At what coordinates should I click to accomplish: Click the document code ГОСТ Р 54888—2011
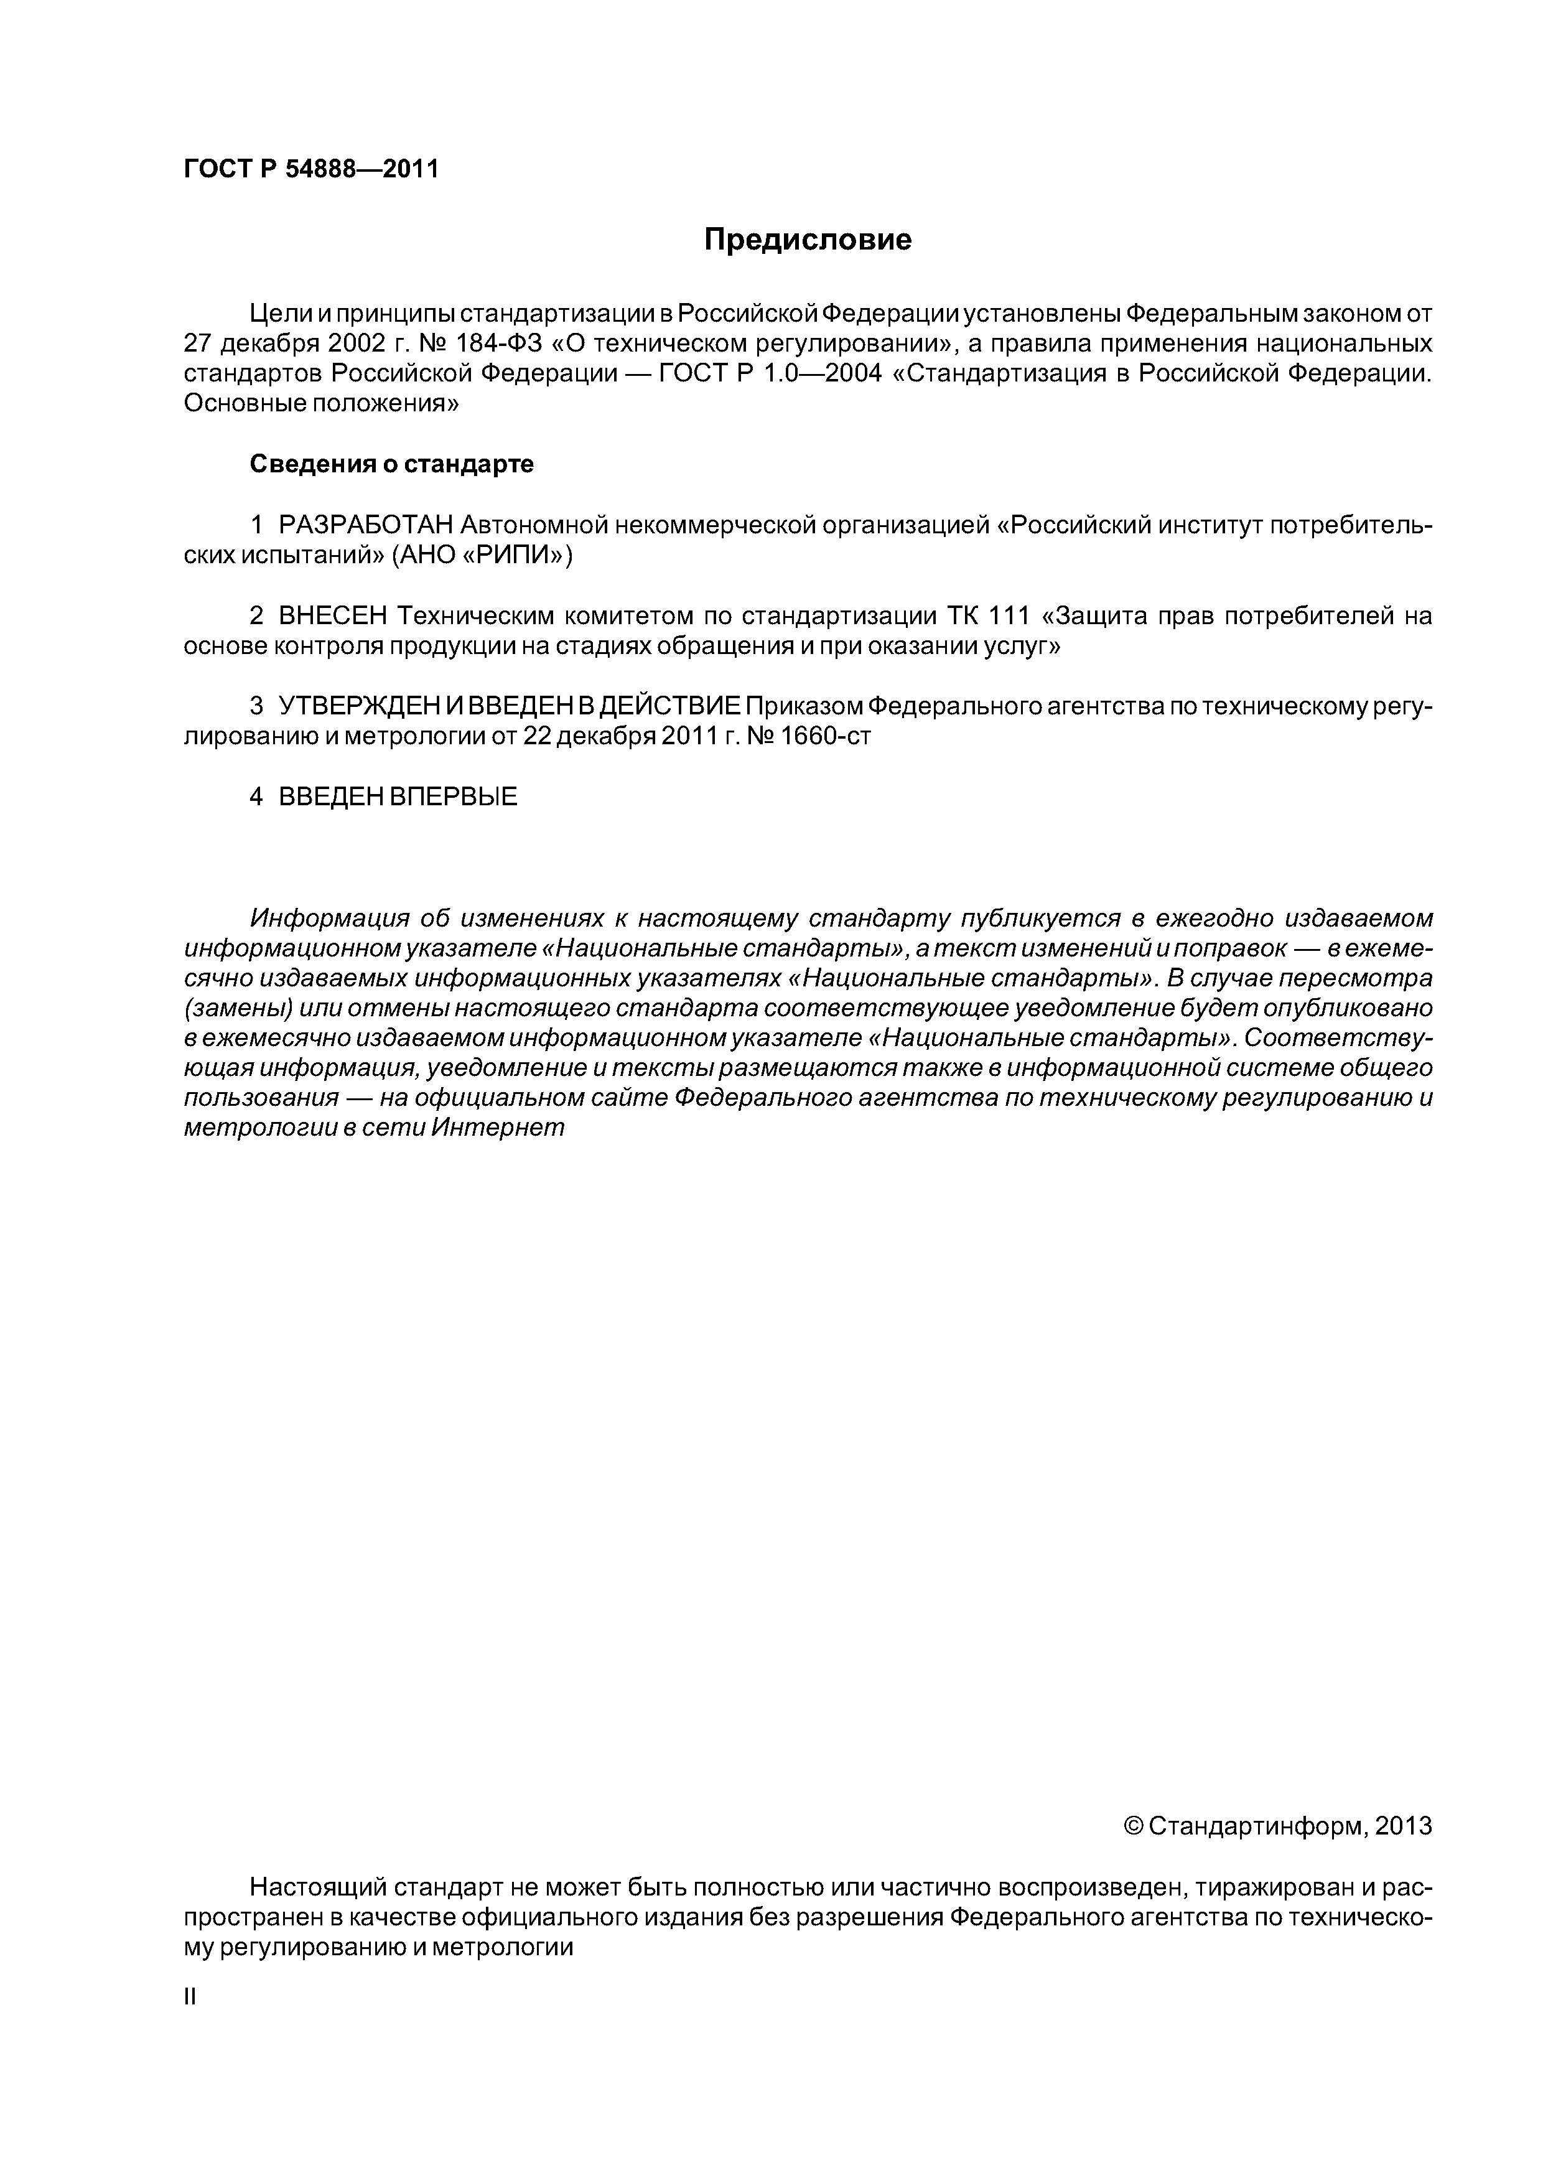tap(311, 170)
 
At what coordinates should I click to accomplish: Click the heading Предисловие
tap(807, 240)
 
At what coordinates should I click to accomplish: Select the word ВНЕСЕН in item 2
tap(333, 616)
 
